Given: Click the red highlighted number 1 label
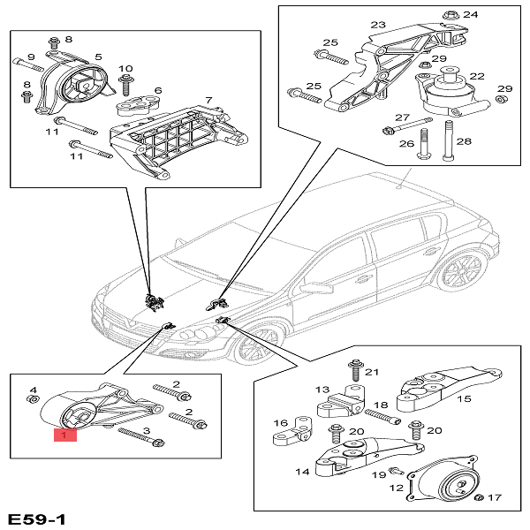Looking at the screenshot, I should [x=64, y=434].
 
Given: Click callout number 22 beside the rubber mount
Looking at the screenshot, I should [x=477, y=77].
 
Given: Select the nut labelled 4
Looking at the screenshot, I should [x=34, y=399].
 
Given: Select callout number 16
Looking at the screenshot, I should [x=280, y=423].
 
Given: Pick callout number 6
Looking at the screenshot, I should [x=157, y=90].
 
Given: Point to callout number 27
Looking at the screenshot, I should [x=402, y=117].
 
